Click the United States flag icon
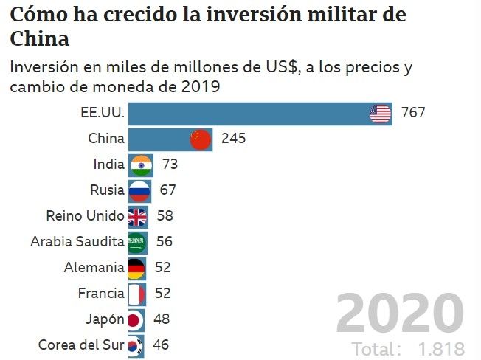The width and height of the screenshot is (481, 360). point(381,114)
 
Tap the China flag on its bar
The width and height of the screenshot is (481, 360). point(201,139)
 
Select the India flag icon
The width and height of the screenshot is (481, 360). point(140,165)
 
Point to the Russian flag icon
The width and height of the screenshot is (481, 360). point(139,190)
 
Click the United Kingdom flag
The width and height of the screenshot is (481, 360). point(137,216)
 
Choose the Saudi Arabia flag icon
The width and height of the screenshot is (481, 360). point(136,242)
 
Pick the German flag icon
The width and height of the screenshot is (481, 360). point(136,267)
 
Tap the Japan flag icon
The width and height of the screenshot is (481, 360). point(135,319)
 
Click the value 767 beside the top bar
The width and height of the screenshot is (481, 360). point(414,114)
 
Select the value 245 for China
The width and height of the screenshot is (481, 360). point(233,139)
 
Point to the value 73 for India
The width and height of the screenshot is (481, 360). point(170,165)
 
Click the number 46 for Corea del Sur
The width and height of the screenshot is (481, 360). point(161,345)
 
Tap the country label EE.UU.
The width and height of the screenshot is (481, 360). point(103,114)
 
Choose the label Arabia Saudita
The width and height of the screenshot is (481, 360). point(77,242)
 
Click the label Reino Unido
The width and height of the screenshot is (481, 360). point(85,216)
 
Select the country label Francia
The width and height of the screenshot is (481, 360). point(101,293)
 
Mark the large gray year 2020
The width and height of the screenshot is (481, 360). point(400,314)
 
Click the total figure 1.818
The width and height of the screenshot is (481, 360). point(440,349)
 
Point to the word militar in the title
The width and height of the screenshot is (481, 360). point(336,14)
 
